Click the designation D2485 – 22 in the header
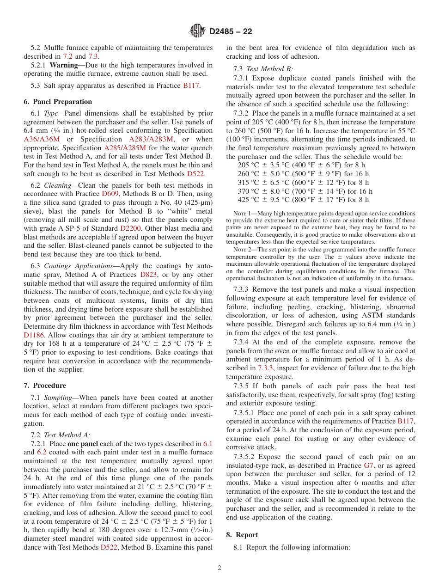(x=231, y=32)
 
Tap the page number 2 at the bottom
(x=219, y=568)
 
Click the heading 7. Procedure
(x=45, y=386)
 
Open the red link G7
(x=368, y=465)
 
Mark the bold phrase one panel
(x=83, y=444)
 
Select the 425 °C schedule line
(x=303, y=200)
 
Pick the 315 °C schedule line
(x=303, y=183)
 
